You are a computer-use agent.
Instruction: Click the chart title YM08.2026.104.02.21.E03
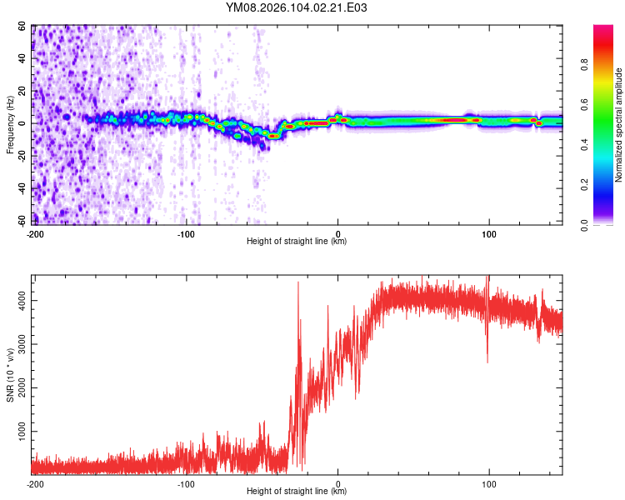coord(297,7)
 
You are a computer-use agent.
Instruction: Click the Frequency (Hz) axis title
coord(10,124)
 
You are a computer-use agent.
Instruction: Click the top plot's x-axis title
coord(297,242)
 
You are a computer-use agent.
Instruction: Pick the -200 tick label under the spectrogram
coord(34,233)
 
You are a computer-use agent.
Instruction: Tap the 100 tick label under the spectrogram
coord(489,233)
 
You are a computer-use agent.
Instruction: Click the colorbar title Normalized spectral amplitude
coord(619,124)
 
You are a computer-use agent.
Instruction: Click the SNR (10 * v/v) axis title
coord(10,374)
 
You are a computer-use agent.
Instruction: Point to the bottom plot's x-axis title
coord(297,492)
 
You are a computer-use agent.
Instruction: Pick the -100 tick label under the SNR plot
coord(186,483)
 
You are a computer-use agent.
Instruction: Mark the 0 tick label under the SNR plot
coord(337,483)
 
